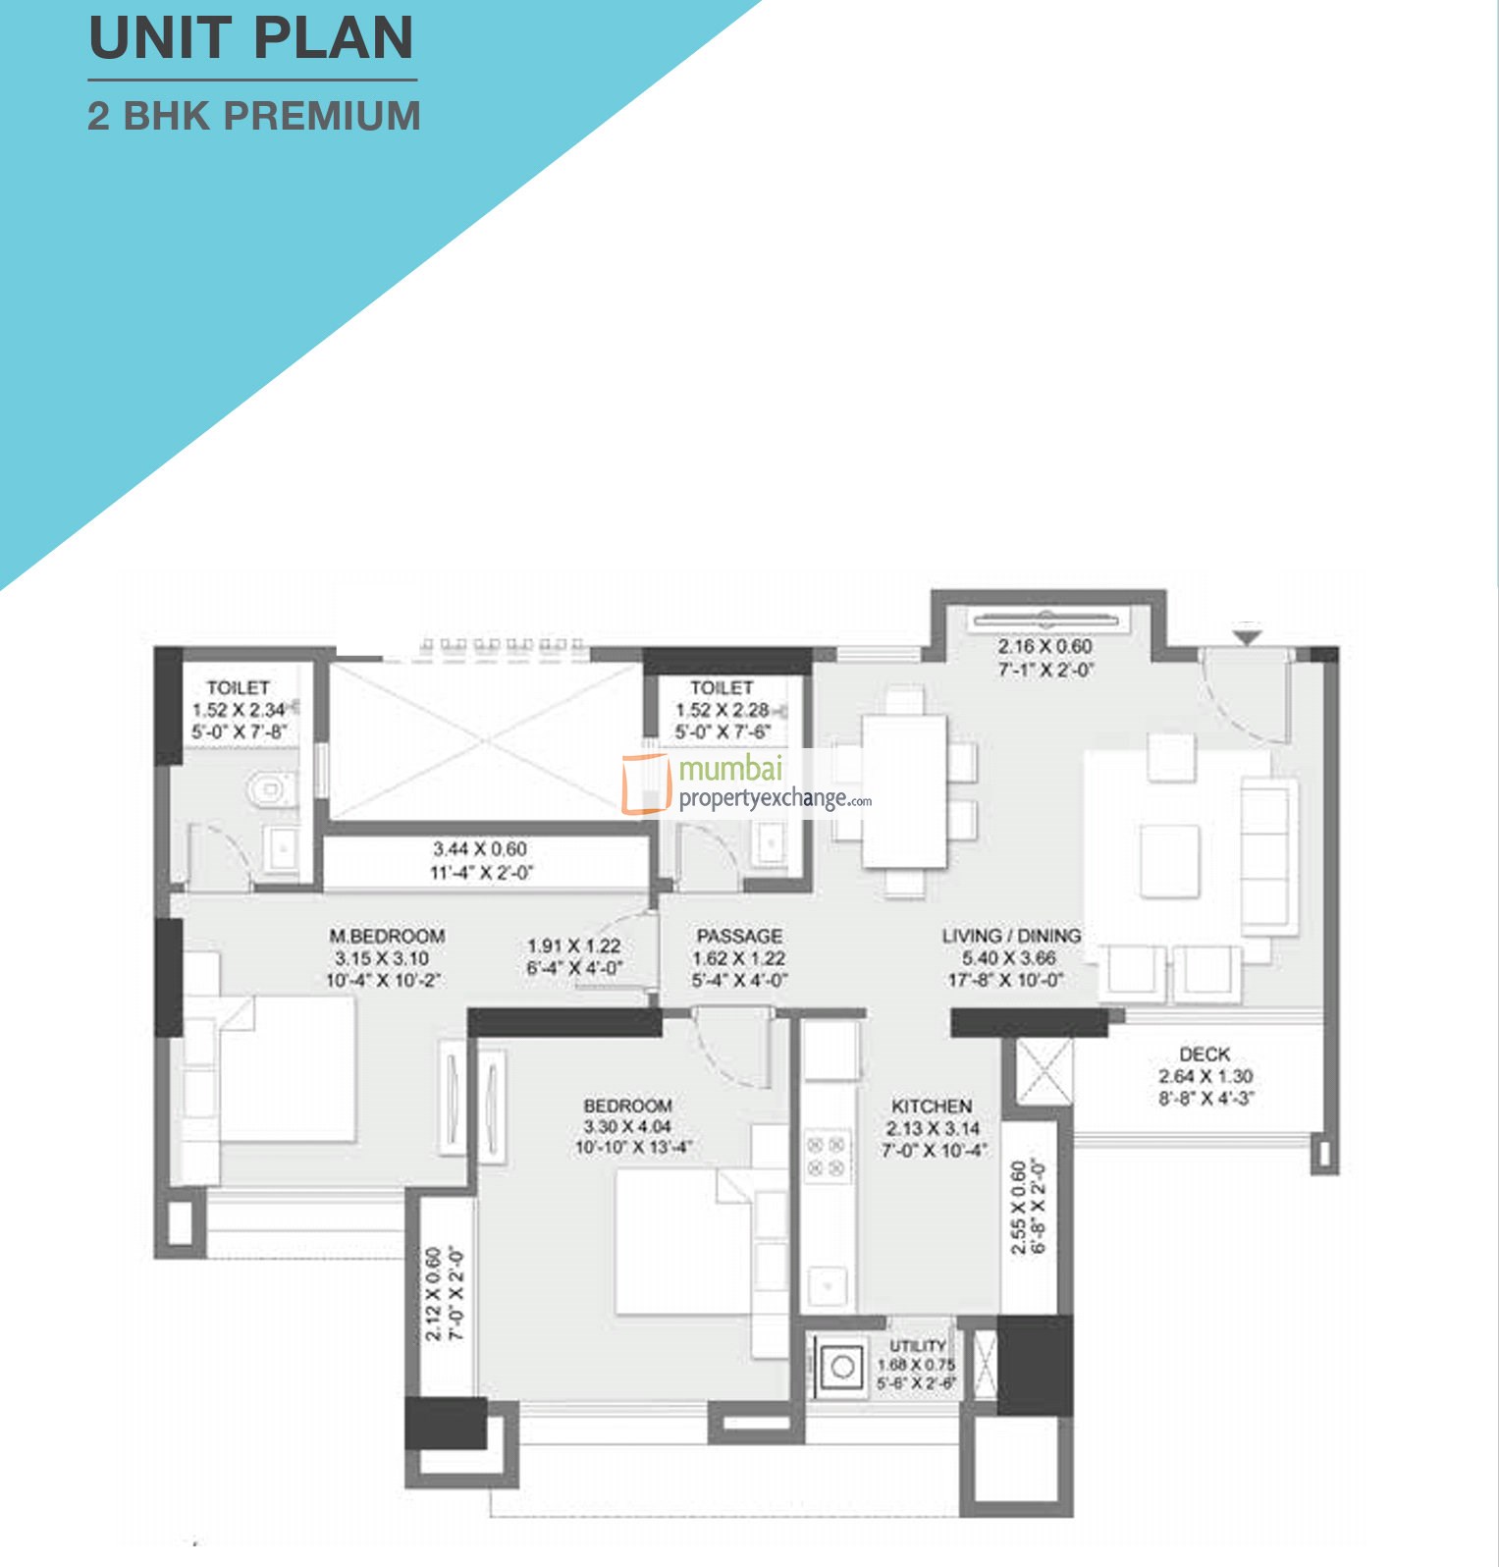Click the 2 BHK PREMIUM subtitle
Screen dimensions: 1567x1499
click(x=254, y=116)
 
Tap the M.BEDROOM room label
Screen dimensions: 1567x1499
click(x=387, y=936)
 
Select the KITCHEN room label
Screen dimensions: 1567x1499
click(x=932, y=1106)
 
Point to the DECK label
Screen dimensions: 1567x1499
click(x=1205, y=1054)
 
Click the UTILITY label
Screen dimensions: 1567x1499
click(x=918, y=1345)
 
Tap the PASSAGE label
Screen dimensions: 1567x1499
click(x=739, y=936)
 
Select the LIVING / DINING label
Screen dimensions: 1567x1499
click(x=1011, y=936)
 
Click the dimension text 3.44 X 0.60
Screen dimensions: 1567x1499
click(x=480, y=849)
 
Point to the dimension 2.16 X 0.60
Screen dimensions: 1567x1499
click(x=1044, y=646)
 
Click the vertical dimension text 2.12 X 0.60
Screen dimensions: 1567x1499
click(x=433, y=1294)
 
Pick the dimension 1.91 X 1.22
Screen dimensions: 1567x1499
click(x=573, y=946)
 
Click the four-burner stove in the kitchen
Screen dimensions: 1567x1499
click(x=827, y=1156)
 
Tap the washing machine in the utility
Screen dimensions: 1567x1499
click(x=841, y=1367)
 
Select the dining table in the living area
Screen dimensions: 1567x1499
click(x=904, y=791)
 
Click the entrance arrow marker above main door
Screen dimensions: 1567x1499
click(x=1247, y=636)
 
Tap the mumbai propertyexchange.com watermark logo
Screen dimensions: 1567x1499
click(x=746, y=783)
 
